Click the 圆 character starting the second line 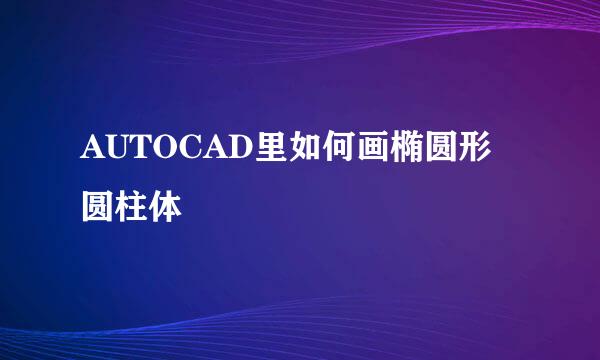(99, 208)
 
